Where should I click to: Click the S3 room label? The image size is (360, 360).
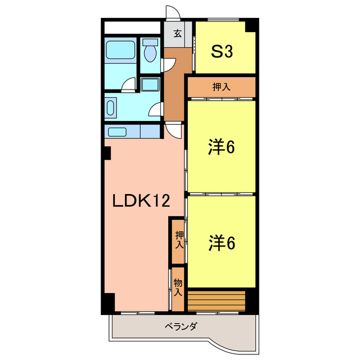point(222,52)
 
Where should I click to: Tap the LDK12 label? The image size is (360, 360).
point(141,201)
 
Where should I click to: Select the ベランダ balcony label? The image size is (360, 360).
point(181,326)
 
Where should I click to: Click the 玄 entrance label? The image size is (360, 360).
point(177,34)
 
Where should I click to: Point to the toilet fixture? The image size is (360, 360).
point(150,52)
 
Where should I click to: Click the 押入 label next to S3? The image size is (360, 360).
point(221,87)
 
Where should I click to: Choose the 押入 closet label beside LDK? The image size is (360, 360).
point(178,240)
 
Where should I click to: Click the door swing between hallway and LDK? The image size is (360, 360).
point(175,130)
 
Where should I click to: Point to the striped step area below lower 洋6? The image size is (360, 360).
point(217,300)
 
